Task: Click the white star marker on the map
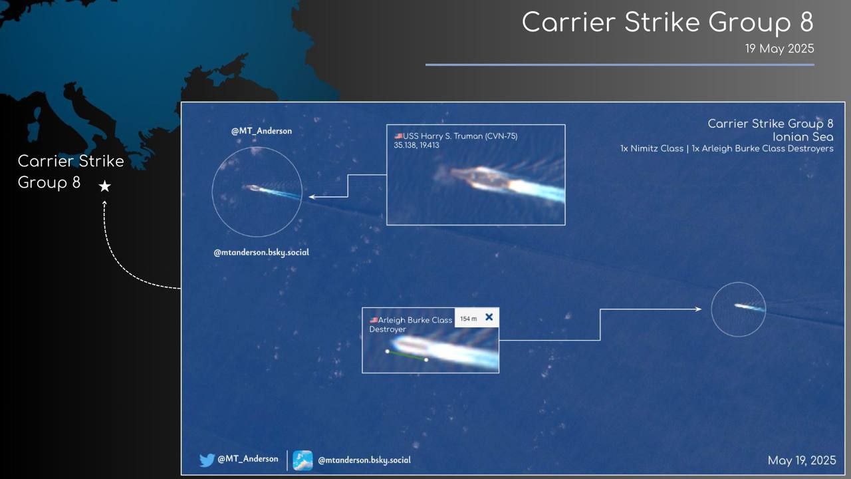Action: pos(105,186)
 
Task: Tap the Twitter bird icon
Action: pos(207,460)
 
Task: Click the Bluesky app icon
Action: pos(303,460)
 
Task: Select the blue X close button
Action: pos(489,317)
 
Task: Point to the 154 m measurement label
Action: pos(469,319)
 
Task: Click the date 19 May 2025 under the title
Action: pos(780,49)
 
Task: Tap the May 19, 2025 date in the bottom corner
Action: pos(802,460)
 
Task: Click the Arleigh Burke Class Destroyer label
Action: pos(411,325)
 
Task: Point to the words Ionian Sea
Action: pos(802,137)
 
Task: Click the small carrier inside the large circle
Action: pos(253,188)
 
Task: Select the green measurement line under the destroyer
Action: pos(406,355)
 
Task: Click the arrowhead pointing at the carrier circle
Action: pos(312,197)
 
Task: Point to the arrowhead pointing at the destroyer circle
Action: pos(698,309)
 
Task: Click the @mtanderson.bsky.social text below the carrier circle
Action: pos(261,252)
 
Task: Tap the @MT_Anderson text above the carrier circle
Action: pos(261,131)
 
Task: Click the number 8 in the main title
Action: pos(806,22)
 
